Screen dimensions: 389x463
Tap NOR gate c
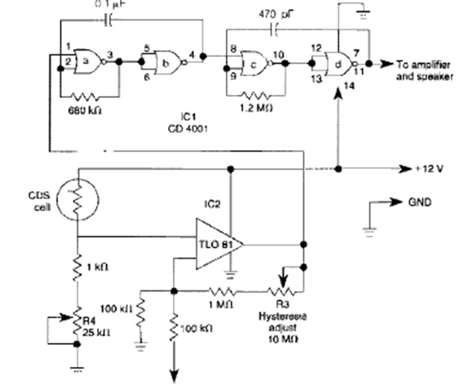tap(256, 63)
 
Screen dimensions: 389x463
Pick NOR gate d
tap(340, 64)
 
